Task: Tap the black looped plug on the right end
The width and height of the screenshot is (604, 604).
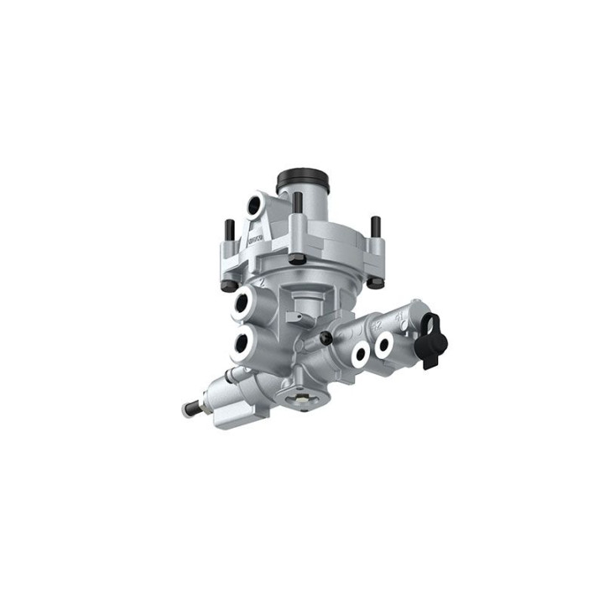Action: (434, 339)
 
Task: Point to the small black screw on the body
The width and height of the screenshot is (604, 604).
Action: (325, 338)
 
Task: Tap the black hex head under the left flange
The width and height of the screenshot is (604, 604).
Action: (229, 285)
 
